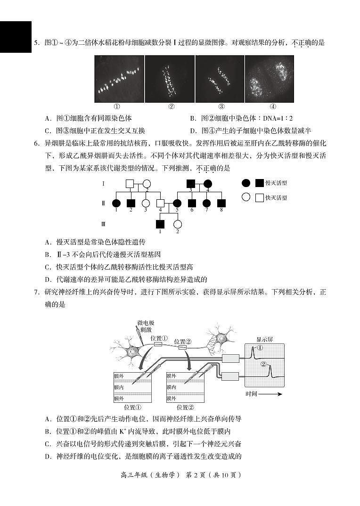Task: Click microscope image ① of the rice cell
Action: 119,79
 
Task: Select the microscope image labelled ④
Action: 270,79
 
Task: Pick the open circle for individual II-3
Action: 146,203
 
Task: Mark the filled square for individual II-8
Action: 221,203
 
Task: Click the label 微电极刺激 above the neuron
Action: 146,326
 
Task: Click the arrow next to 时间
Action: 273,394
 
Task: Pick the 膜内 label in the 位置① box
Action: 119,387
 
